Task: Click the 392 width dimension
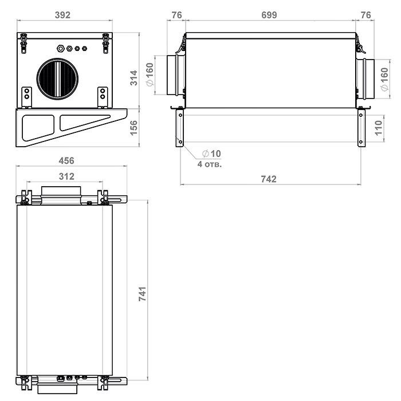point(62,15)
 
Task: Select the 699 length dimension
point(269,15)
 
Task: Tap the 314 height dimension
point(133,78)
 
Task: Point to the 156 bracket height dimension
point(133,128)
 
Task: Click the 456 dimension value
point(66,160)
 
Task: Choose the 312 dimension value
point(66,176)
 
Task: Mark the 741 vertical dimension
point(143,293)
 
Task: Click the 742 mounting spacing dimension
point(269,179)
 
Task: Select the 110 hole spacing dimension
point(378,128)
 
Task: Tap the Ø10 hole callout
point(211,154)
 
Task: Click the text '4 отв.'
point(210,164)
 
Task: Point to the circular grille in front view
point(57,79)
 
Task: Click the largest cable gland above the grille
point(61,48)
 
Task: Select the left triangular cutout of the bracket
point(38,128)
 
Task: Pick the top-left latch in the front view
point(23,43)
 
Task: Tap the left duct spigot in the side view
point(176,75)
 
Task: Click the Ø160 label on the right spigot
point(384,79)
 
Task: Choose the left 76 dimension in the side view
point(176,15)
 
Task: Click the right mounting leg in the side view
point(361,127)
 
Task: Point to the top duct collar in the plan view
point(61,195)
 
